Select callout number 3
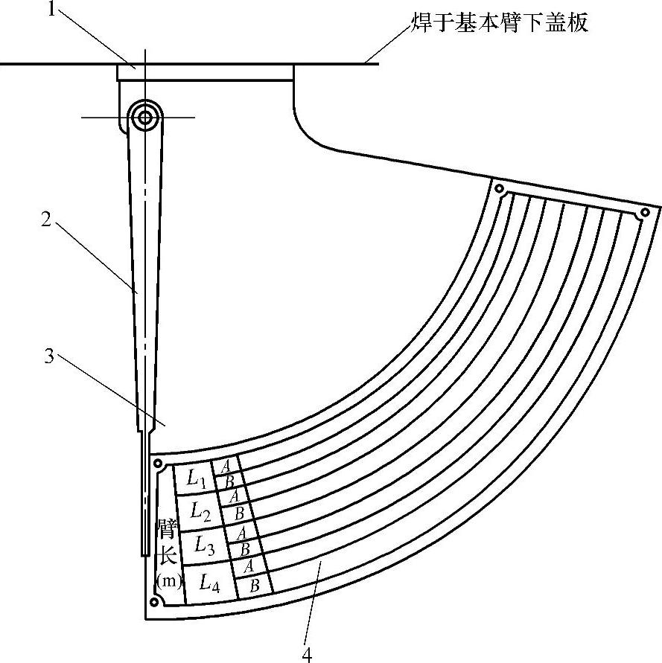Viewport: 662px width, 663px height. (x=49, y=356)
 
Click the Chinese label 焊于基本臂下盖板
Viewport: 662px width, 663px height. (x=500, y=23)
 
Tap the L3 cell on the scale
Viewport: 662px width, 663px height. (x=205, y=546)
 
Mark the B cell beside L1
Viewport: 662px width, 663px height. (x=229, y=481)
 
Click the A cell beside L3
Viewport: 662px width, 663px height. (x=241, y=533)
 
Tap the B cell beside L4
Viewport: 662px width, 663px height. (x=254, y=585)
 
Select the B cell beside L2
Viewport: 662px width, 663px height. (x=238, y=513)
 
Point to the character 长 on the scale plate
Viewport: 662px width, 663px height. (x=167, y=556)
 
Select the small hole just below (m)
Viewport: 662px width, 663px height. (x=155, y=600)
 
